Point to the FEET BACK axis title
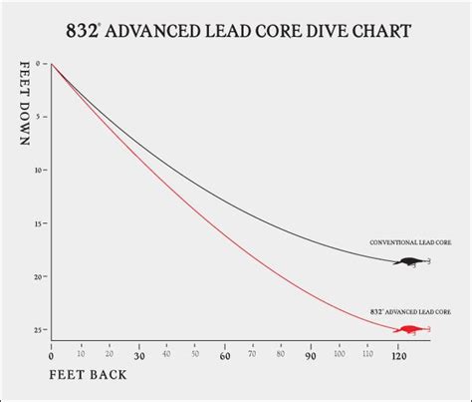(x=87, y=376)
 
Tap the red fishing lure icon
(x=409, y=329)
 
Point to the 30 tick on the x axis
(x=138, y=355)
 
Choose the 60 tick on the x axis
(x=225, y=355)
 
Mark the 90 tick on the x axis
(x=312, y=355)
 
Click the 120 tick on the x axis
(x=398, y=355)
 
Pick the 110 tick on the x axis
(x=369, y=355)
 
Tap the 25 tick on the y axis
(x=38, y=329)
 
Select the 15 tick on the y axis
(x=38, y=223)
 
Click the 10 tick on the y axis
(x=38, y=171)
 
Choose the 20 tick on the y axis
(x=38, y=276)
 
